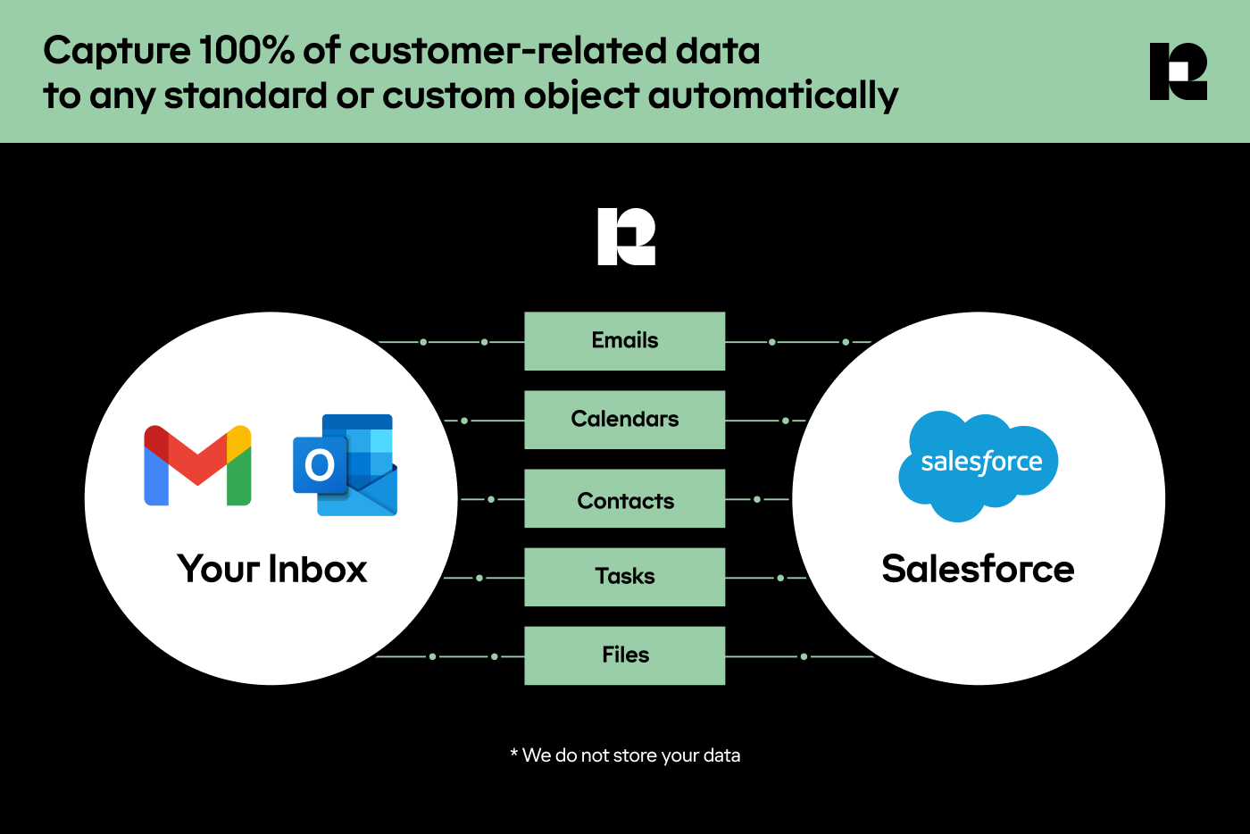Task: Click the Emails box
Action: [624, 341]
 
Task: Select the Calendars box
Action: [624, 420]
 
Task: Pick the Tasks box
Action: [624, 577]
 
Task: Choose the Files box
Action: [624, 655]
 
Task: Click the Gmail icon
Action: [197, 465]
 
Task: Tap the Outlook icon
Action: [346, 464]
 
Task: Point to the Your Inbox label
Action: [272, 569]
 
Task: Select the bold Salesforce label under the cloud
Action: [978, 569]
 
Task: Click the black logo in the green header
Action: [1179, 71]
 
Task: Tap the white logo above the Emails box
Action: [626, 237]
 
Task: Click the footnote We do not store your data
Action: [631, 755]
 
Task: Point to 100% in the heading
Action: [246, 51]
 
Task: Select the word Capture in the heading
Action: [116, 51]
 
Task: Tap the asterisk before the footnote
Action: [514, 754]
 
